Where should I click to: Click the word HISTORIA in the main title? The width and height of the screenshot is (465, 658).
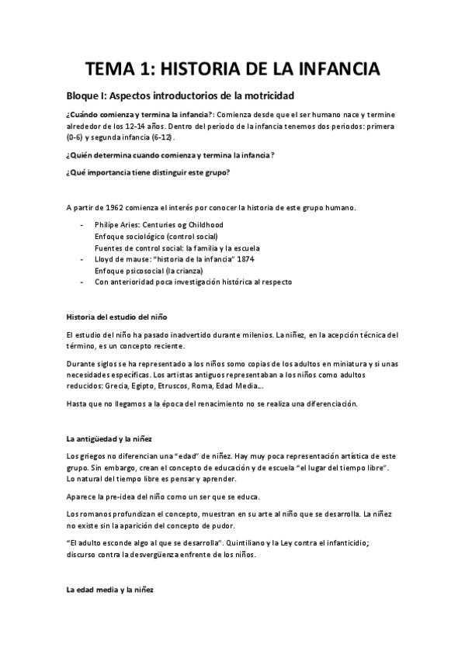pyautogui.click(x=204, y=70)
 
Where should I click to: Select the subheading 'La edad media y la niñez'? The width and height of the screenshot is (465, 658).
pyautogui.click(x=109, y=590)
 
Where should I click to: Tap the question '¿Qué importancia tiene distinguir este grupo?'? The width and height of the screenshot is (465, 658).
pyautogui.click(x=147, y=171)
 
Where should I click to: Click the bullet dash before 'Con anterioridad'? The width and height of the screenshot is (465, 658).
pyautogui.click(x=83, y=282)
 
